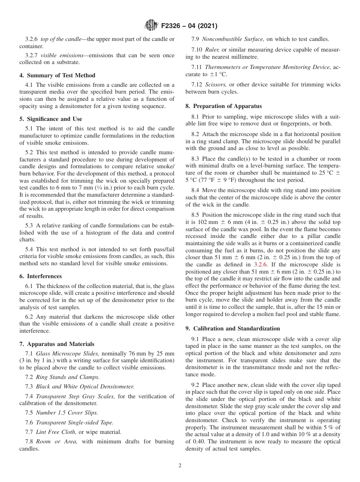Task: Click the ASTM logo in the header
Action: pos(152,26)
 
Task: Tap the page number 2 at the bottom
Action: pos(180,466)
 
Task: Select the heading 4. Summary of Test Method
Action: pos(57,75)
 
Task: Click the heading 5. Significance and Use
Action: pos(51,119)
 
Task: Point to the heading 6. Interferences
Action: pos(41,276)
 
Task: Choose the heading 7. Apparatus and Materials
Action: pos(57,344)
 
